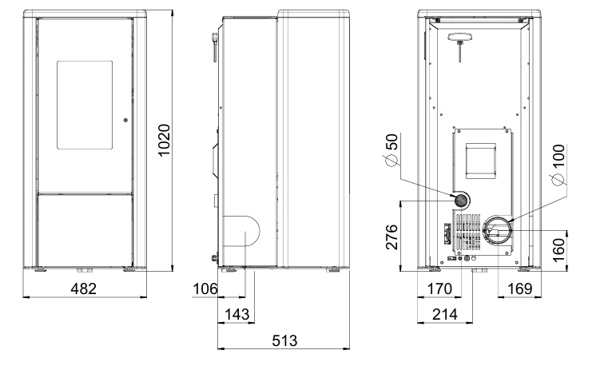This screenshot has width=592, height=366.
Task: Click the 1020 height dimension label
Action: coord(165,140)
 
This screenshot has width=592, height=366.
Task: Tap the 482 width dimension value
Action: coord(84,288)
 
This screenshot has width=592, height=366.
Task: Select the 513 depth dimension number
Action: coord(284,340)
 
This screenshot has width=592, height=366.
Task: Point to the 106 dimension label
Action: coord(205,289)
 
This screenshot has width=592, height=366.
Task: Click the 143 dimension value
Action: coord(237,314)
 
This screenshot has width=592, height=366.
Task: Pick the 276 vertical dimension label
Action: coord(392,237)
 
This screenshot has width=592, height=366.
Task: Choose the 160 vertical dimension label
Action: coord(558,249)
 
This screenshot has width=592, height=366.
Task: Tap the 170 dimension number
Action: coord(439,289)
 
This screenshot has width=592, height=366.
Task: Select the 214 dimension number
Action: coord(445,314)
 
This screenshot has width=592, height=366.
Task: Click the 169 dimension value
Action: coord(520,289)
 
